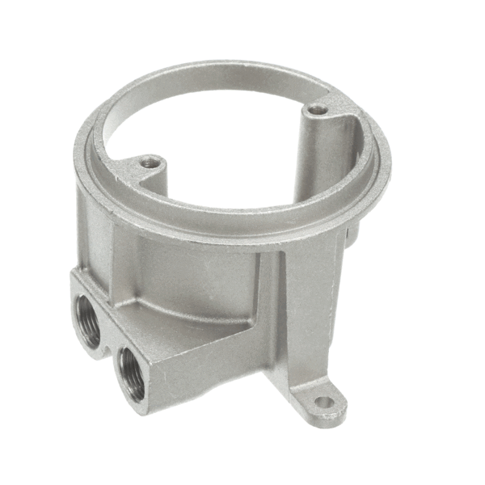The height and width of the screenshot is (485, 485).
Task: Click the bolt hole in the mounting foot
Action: tap(323, 402)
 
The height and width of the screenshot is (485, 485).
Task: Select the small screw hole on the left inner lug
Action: tap(150, 162)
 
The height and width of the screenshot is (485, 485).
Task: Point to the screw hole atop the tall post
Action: tap(318, 108)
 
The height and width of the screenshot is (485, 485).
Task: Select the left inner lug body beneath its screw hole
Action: tap(150, 178)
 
